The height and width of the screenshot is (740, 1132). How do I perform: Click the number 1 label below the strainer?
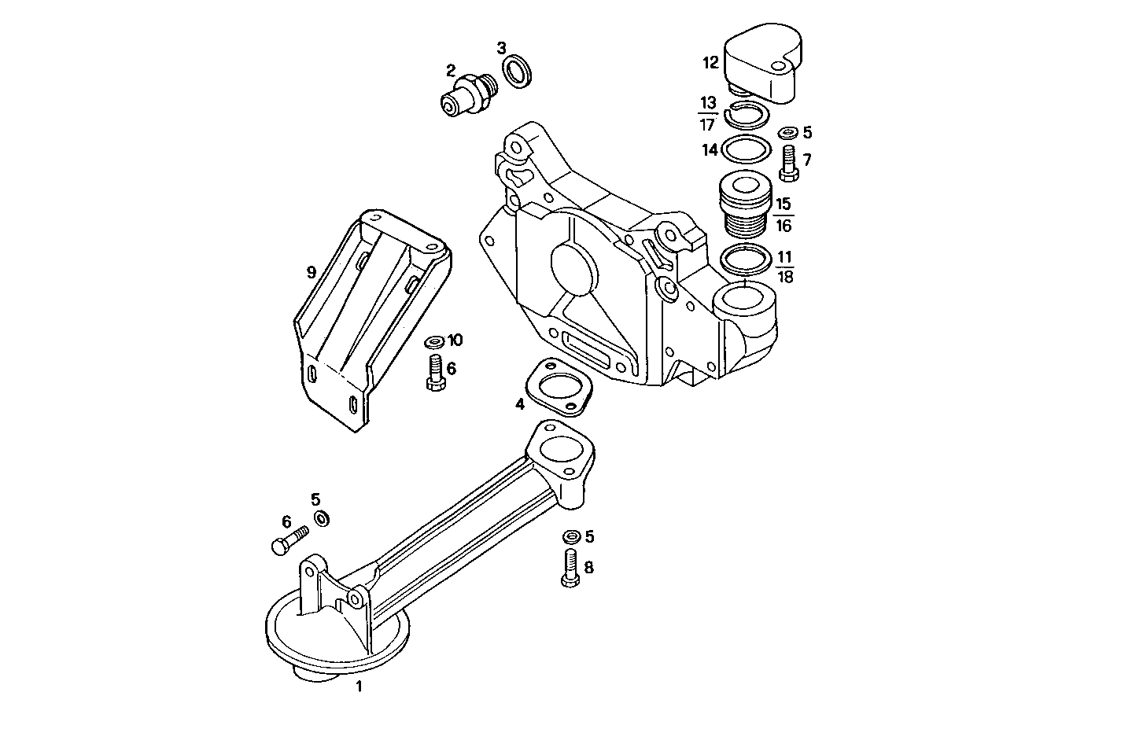359,687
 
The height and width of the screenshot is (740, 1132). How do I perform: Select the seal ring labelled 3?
517,73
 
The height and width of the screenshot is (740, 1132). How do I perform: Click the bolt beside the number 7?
789,164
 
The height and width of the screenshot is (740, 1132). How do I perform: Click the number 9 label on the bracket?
312,272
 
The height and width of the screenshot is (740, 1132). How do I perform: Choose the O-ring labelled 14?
744,149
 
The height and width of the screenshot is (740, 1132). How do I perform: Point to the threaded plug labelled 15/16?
743,204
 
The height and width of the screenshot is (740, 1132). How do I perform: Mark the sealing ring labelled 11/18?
744,260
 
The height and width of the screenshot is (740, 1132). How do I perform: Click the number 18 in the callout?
784,277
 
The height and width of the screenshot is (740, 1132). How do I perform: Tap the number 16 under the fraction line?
783,226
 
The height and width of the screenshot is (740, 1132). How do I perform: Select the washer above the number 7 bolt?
787,133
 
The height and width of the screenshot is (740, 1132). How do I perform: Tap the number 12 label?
710,62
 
